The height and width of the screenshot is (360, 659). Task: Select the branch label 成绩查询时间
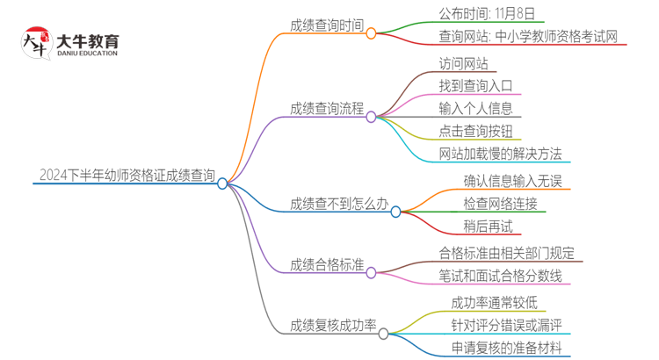point(327,25)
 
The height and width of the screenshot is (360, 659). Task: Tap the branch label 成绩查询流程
point(327,109)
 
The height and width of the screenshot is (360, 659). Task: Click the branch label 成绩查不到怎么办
point(339,204)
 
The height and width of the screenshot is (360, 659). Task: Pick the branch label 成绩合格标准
point(327,263)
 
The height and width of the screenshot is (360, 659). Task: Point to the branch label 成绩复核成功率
point(333,326)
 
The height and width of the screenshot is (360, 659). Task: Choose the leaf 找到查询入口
point(482,86)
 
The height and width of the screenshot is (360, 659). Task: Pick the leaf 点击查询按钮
point(482,132)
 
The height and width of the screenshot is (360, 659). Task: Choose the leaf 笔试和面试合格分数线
point(506,276)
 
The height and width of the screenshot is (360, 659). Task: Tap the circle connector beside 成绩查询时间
point(371,33)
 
